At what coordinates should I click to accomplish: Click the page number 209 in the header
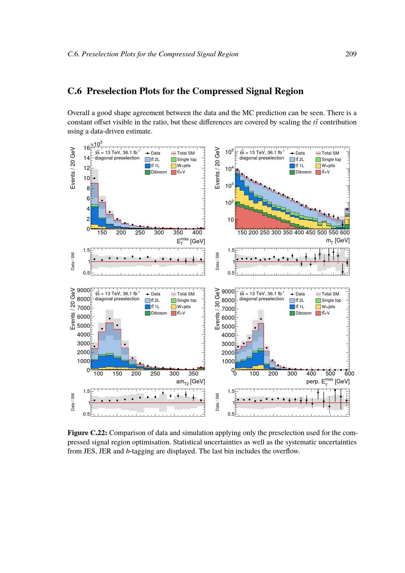[x=351, y=54]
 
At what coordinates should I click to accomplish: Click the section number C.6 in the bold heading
[x=75, y=91]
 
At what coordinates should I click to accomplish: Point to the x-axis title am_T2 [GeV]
[x=190, y=381]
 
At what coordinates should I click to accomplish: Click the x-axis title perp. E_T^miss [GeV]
[x=328, y=381]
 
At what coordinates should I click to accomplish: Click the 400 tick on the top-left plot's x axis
[x=197, y=233]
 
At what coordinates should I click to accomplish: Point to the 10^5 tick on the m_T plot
[x=229, y=152]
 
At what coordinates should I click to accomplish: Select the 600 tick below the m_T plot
[x=345, y=233]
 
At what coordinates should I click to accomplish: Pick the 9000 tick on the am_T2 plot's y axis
[x=83, y=291]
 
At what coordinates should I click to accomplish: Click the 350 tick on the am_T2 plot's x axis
[x=193, y=374]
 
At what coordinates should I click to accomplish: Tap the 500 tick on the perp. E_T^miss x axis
[x=330, y=374]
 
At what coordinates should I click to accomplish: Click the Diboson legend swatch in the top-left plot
[x=147, y=172]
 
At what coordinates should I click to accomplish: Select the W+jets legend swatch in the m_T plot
[x=318, y=166]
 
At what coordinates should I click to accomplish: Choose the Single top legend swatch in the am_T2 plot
[x=174, y=300]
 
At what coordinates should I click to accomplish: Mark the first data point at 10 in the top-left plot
[x=94, y=178]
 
